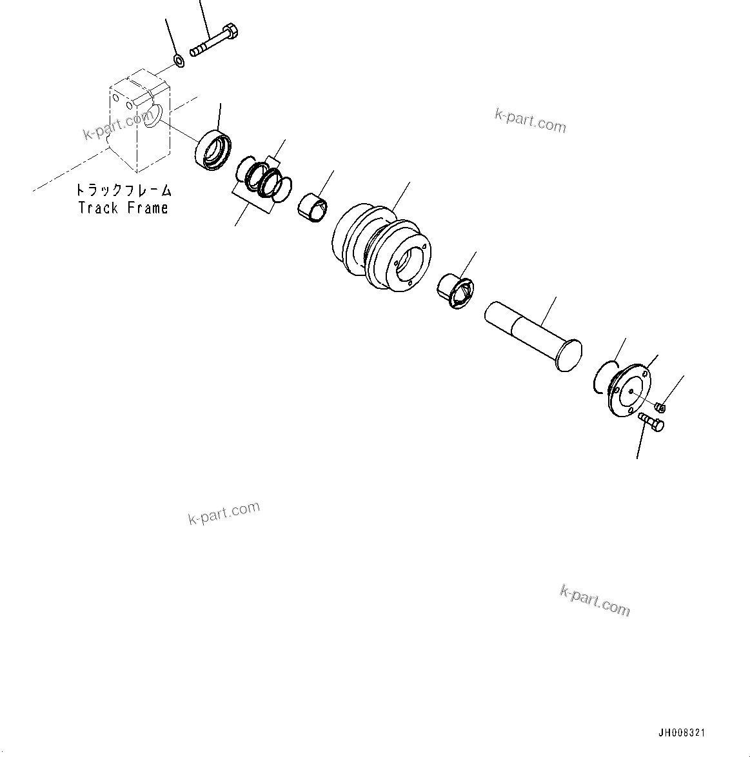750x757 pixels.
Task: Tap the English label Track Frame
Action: click(x=123, y=208)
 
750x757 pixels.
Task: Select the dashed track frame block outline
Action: click(x=138, y=123)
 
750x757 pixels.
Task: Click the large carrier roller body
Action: click(x=380, y=252)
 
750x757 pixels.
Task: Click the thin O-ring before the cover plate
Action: click(x=602, y=377)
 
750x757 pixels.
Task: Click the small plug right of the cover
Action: click(x=659, y=407)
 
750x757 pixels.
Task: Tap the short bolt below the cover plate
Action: click(x=651, y=423)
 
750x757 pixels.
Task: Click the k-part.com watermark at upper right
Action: click(x=530, y=121)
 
